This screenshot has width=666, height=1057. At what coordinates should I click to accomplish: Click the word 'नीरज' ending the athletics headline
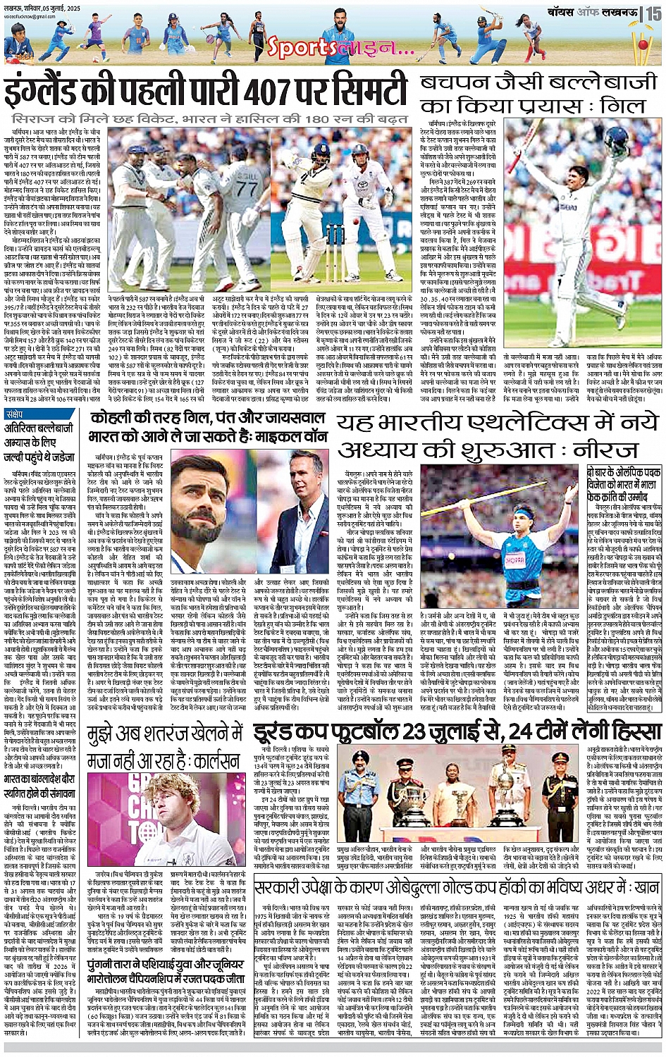[x=621, y=450]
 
